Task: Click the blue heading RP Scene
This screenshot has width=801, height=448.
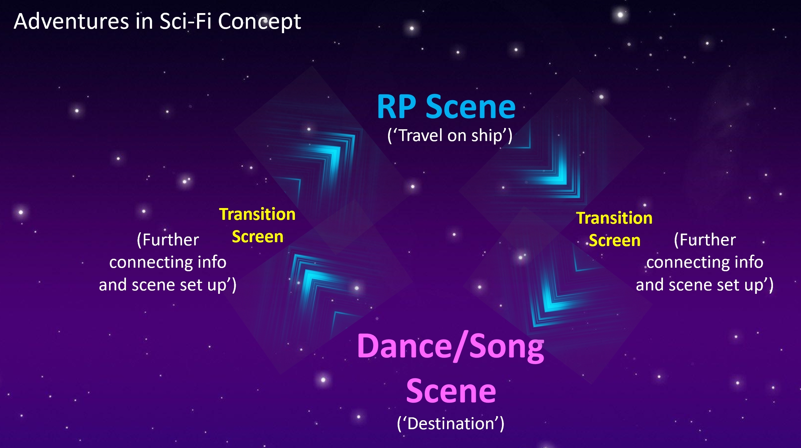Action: pos(446,107)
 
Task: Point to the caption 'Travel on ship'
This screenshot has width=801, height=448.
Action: pos(450,136)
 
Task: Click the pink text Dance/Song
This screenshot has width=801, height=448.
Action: pos(451,347)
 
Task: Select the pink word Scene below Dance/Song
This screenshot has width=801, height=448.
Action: pos(451,391)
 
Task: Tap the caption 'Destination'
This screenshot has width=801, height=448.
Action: pos(450,424)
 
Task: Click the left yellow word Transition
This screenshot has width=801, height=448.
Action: pos(257,214)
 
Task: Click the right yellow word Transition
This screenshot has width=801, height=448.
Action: pos(614,218)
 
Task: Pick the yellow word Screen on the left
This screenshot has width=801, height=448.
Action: pos(258,237)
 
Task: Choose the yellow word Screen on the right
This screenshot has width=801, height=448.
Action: pos(615,240)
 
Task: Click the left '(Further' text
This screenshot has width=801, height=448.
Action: pos(168,240)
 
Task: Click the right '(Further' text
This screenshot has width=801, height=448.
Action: pos(705,240)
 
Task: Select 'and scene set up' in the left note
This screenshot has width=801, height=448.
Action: pos(164,285)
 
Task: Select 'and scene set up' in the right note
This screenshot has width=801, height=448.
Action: pos(701,285)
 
